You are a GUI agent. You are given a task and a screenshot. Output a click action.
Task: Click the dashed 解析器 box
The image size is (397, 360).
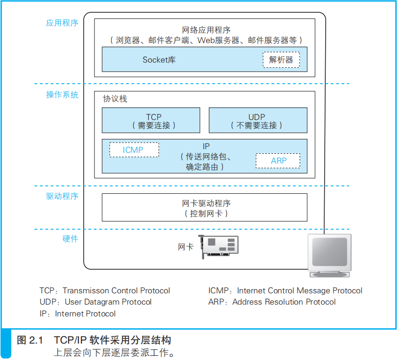pos(281,60)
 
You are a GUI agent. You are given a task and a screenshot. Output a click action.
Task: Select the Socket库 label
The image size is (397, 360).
pos(159,60)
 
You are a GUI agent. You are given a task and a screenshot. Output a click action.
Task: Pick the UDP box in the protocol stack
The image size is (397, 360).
pos(257,121)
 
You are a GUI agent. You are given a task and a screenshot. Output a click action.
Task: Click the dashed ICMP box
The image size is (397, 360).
pos(133,150)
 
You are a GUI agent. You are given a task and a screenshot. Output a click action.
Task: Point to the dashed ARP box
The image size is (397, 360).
pos(278,161)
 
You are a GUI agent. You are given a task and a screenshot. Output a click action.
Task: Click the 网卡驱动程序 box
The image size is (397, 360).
pos(205,207)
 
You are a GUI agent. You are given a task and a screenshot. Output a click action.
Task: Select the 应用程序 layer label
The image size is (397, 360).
pos(62,23)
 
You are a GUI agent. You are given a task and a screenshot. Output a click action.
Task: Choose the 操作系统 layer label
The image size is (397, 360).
pos(62,94)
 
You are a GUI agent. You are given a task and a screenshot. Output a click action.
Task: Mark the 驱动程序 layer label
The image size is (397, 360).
pos(62,196)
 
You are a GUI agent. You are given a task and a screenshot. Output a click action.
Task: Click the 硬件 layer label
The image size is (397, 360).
pos(70,238)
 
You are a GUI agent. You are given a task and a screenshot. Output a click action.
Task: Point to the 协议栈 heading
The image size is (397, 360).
pos(115,99)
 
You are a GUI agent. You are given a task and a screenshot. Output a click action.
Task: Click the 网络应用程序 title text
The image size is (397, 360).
pos(206,30)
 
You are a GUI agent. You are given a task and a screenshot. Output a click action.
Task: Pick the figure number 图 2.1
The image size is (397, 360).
pos(30,340)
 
